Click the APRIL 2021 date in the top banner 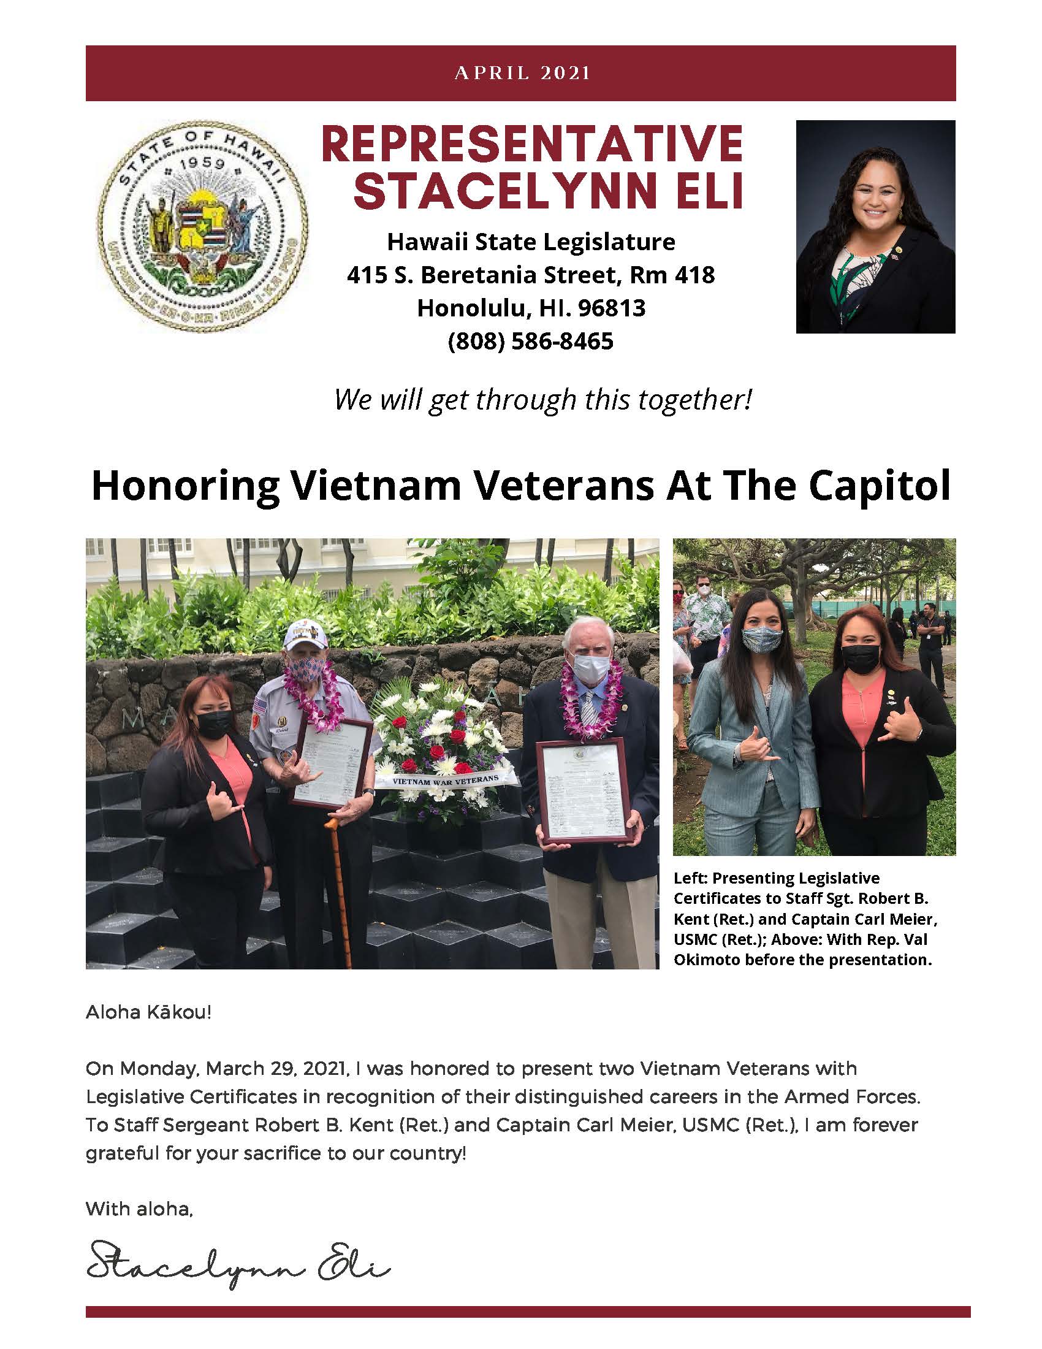(522, 73)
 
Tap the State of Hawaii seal (203, 226)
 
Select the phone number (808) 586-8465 (530, 341)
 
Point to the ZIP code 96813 (611, 308)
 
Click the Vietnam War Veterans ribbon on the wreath (446, 780)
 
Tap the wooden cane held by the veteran (339, 890)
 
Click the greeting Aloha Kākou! (148, 1012)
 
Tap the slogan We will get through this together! (542, 400)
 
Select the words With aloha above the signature (139, 1208)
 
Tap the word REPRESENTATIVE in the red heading (531, 144)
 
